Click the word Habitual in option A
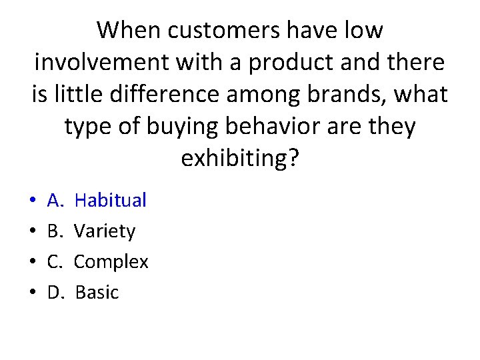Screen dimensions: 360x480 (x=110, y=200)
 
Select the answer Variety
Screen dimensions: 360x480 (x=105, y=231)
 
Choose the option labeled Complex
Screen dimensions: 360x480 (x=111, y=262)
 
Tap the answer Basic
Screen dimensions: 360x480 (x=97, y=293)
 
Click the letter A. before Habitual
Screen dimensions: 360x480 (x=55, y=200)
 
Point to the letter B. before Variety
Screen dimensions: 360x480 (x=55, y=231)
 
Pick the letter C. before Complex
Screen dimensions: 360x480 (x=55, y=262)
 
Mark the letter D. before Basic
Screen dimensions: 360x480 (x=55, y=293)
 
